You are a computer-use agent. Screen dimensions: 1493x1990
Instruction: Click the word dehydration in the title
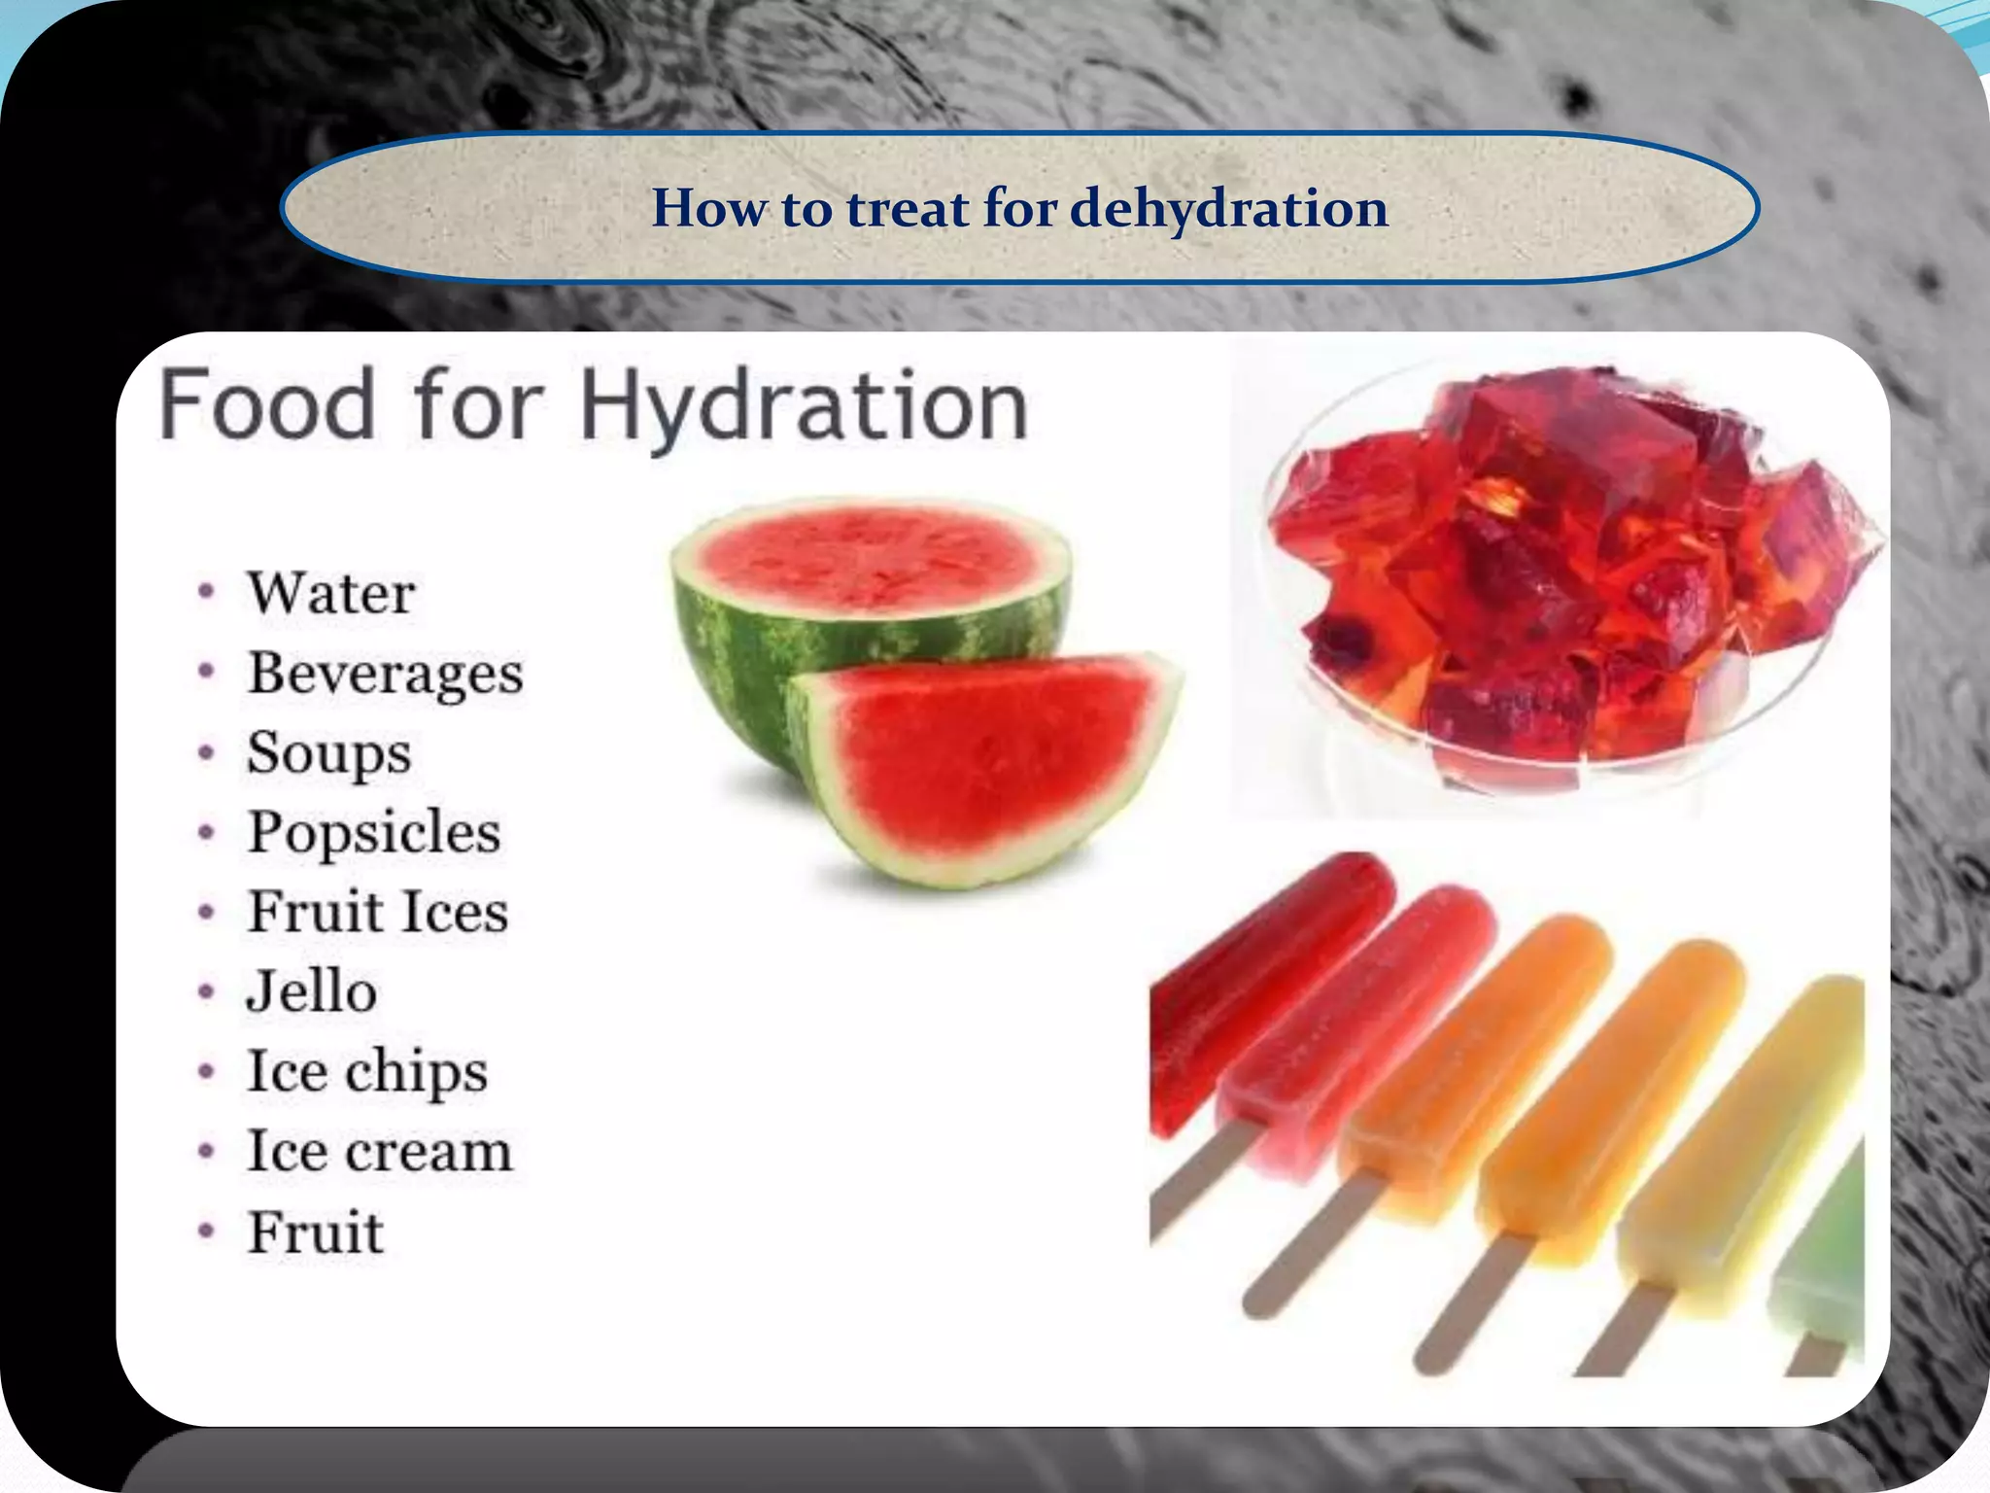point(1228,209)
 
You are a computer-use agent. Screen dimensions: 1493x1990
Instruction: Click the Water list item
point(331,593)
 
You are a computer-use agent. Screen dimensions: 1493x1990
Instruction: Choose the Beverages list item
point(385,674)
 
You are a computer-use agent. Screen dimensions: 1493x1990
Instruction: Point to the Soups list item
point(328,753)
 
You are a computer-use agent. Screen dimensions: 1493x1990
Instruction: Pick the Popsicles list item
point(374,833)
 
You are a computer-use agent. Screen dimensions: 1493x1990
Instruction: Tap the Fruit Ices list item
point(377,913)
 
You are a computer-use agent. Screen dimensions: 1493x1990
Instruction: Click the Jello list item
point(312,992)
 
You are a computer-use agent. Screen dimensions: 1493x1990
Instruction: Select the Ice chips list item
point(367,1072)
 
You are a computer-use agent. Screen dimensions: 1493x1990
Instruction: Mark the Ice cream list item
point(379,1153)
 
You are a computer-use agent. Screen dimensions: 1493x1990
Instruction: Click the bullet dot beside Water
point(206,592)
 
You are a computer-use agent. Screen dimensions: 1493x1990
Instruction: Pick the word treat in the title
point(908,209)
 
